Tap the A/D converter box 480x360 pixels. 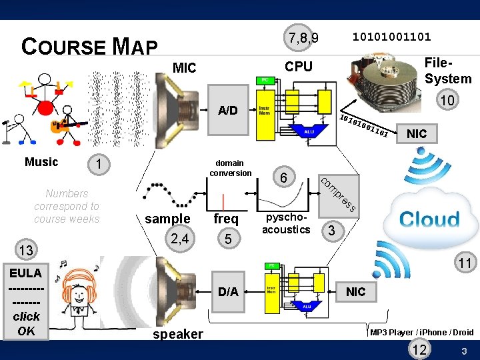tap(228, 110)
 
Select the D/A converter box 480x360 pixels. tap(228, 291)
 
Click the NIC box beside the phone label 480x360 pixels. tap(355, 291)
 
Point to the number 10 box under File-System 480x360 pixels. tap(447, 100)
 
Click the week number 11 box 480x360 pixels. tap(465, 263)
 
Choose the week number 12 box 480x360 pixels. tap(420, 350)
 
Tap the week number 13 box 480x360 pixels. tap(26, 250)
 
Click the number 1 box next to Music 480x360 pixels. tap(98, 164)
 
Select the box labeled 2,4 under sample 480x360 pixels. tap(179, 238)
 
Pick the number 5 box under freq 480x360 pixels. tap(227, 238)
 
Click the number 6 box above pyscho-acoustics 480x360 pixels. tap(284, 177)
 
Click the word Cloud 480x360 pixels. tap(429, 219)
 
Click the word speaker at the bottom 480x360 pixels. tap(178, 334)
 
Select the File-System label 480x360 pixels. tap(447, 71)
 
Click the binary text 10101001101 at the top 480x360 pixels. tap(391, 36)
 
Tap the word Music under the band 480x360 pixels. tap(41, 162)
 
